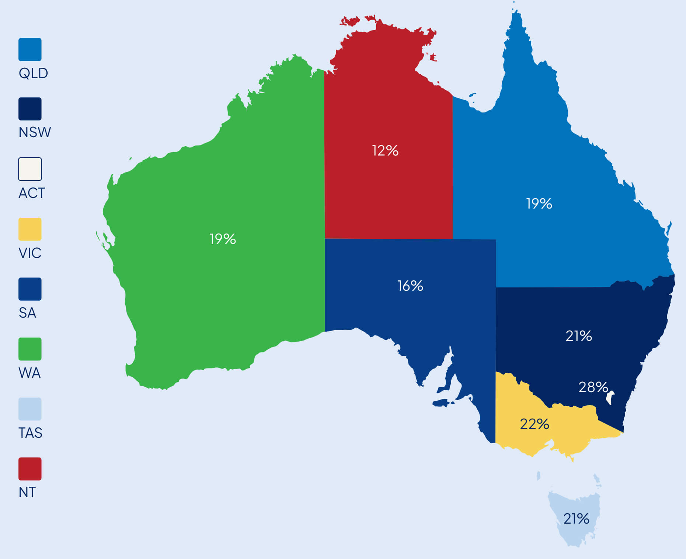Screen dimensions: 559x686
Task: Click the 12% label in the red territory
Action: (385, 150)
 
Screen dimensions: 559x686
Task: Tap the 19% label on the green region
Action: (222, 239)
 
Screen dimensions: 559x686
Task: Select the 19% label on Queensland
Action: (539, 203)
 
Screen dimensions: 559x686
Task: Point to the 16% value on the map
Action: (410, 286)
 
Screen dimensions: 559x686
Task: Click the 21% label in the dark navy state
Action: (578, 336)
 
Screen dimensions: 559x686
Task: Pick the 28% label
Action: (593, 387)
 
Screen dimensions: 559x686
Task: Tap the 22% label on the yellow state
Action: (534, 424)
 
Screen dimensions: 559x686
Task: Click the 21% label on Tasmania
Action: (576, 518)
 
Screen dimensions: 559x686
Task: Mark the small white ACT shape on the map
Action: (611, 397)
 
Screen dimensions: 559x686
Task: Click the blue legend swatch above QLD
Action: (30, 49)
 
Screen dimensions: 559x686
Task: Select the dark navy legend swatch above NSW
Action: (30, 109)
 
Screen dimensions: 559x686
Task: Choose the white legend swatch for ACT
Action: (30, 169)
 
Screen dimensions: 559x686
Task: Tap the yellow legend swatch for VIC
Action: (30, 229)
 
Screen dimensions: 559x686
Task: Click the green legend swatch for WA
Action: (30, 349)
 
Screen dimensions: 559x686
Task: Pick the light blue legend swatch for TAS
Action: (30, 409)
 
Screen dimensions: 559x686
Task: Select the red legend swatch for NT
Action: (30, 469)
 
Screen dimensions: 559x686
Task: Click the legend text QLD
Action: (33, 73)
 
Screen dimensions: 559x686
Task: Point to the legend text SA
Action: (27, 312)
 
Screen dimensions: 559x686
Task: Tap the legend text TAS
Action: (30, 433)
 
